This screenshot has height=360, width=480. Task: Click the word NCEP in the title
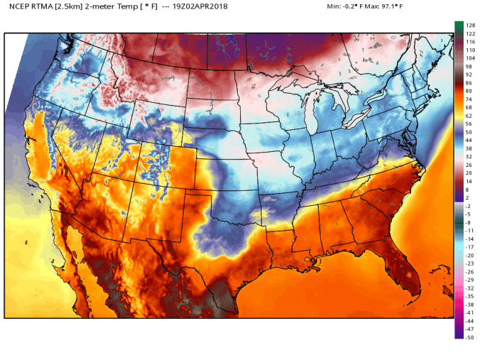pos(18,6)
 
